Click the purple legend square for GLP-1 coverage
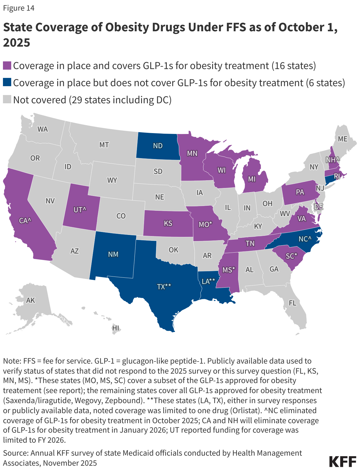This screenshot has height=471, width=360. click(7, 66)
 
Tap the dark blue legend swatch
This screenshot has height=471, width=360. click(7, 83)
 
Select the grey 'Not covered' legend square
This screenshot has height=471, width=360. click(7, 100)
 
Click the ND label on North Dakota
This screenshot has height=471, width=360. click(158, 146)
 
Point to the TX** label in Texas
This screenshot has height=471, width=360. click(164, 287)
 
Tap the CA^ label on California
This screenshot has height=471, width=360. click(25, 220)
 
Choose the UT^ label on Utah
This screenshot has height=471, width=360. click(80, 210)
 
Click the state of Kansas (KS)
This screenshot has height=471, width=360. click(168, 223)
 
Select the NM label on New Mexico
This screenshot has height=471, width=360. click(113, 254)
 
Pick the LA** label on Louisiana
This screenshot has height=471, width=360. click(208, 281)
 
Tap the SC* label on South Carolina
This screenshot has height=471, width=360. click(291, 256)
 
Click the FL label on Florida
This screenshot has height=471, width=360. click(292, 303)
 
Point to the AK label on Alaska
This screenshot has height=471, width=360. click(30, 300)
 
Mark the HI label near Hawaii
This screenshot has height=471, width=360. click(116, 328)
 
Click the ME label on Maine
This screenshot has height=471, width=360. click(343, 139)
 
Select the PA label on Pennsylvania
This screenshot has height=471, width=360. click(300, 192)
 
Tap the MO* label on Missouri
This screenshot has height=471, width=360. click(205, 224)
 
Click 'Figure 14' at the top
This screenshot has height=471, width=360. click(19, 8)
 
